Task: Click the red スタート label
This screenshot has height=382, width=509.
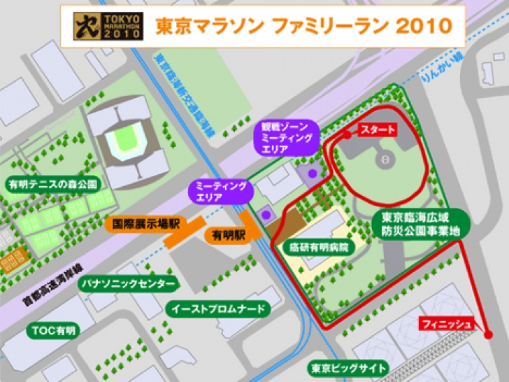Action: (x=378, y=129)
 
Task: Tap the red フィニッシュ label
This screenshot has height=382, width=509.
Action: (x=447, y=323)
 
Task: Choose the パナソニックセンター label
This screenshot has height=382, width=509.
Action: (x=126, y=284)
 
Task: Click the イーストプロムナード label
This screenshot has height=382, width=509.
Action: (x=217, y=309)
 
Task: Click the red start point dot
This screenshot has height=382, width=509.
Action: (x=347, y=135)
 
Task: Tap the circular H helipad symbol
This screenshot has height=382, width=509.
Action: (x=385, y=160)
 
